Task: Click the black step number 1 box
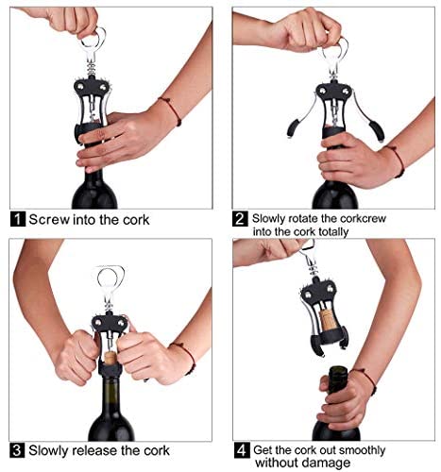pyautogui.click(x=18, y=219)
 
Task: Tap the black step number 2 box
pyautogui.click(x=240, y=219)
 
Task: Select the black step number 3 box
pyautogui.click(x=17, y=450)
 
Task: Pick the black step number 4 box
pyautogui.click(x=241, y=450)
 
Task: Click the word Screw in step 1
pyautogui.click(x=49, y=220)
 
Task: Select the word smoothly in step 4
pyautogui.click(x=362, y=450)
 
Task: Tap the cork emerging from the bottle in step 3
pyautogui.click(x=110, y=358)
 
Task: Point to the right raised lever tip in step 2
pyautogui.click(x=379, y=130)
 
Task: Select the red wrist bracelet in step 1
pyautogui.click(x=170, y=110)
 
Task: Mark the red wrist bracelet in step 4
pyautogui.click(x=366, y=381)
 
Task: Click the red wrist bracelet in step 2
pyautogui.click(x=398, y=160)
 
